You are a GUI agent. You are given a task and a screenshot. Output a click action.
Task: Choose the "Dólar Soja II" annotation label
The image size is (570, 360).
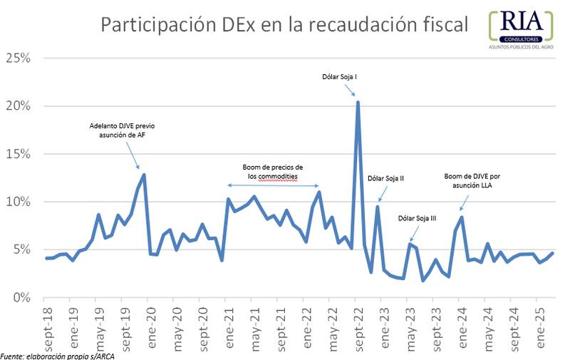385,178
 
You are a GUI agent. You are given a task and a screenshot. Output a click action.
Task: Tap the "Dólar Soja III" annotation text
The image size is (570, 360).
417,218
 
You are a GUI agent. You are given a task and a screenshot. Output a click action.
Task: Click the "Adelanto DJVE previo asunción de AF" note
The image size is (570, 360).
122,130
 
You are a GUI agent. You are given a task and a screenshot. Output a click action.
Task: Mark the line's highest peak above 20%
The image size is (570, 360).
358,102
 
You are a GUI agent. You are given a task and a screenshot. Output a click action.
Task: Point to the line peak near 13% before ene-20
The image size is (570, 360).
144,175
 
